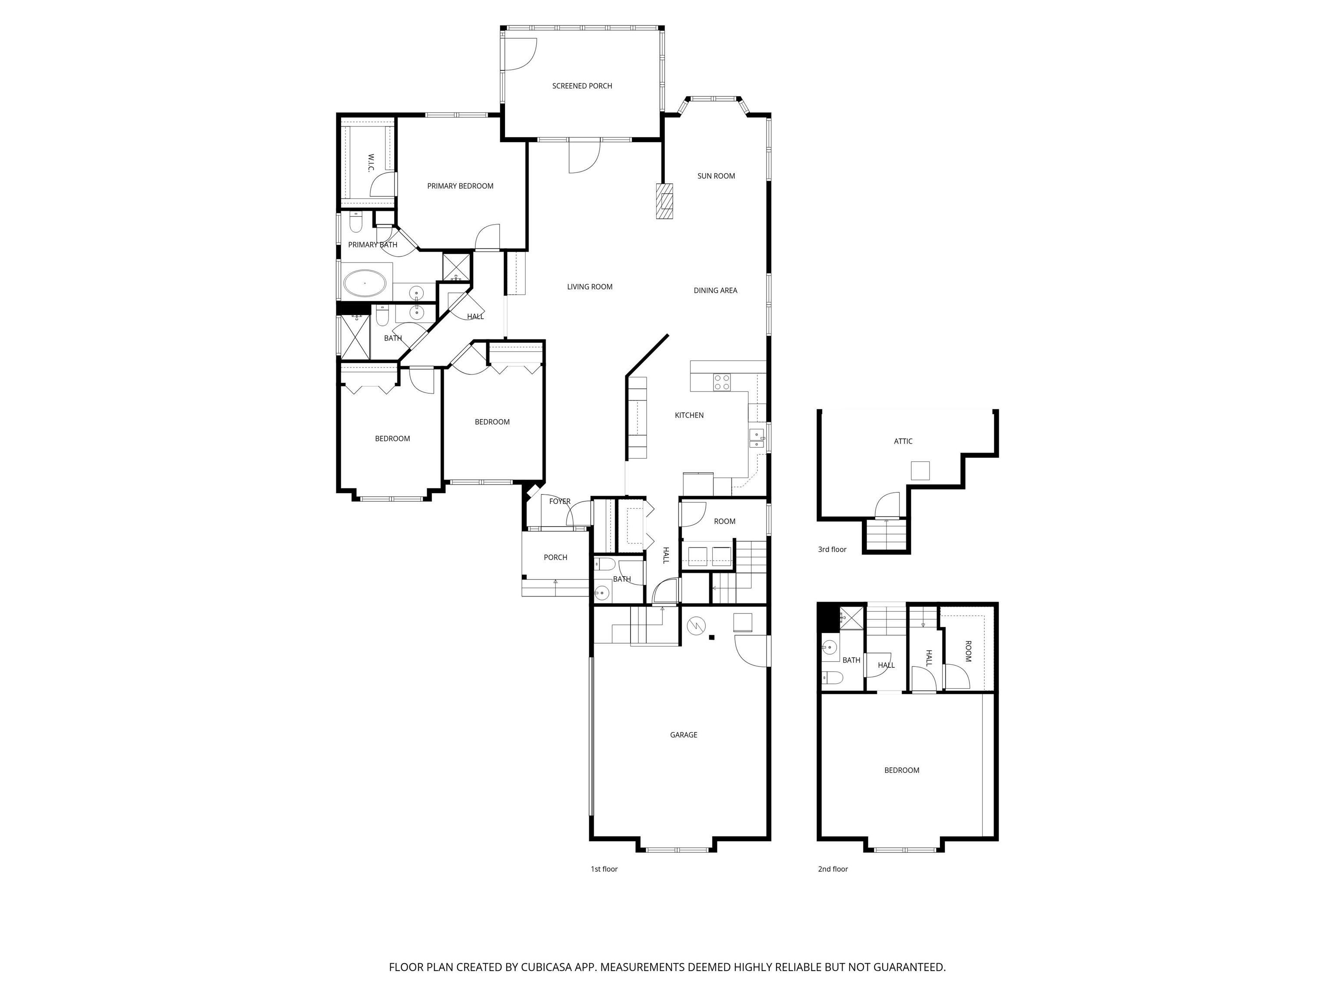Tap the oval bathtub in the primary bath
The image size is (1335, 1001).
365,283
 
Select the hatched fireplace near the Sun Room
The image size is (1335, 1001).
664,201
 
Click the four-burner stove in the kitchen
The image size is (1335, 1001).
722,382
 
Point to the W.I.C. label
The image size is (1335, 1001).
371,163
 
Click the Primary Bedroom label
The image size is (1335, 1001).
460,186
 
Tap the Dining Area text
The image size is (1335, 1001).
715,290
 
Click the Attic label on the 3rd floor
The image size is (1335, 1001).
903,441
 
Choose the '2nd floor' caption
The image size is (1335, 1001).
833,869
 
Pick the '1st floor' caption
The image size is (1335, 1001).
604,869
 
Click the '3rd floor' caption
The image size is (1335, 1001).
832,550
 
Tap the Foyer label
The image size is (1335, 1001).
559,501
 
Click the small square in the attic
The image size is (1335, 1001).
920,470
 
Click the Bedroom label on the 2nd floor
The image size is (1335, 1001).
902,770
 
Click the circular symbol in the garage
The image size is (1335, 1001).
696,626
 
